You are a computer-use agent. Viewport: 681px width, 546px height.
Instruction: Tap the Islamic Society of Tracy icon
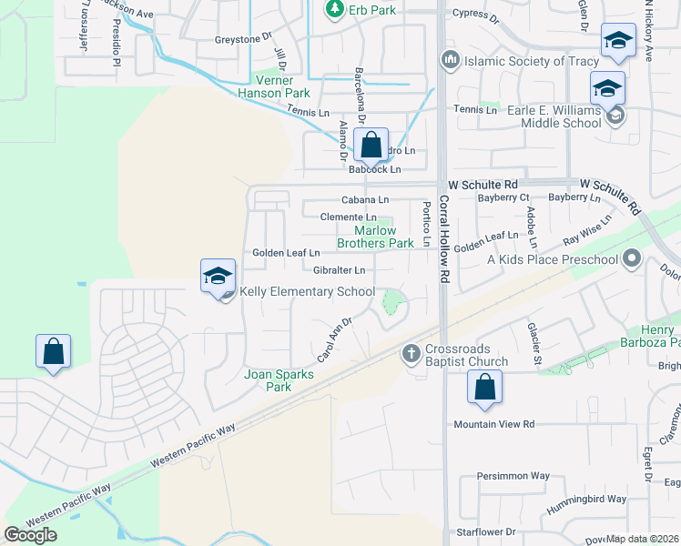449,61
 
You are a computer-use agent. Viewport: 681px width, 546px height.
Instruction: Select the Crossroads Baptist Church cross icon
411,352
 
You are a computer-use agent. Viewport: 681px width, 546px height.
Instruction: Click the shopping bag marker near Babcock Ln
371,145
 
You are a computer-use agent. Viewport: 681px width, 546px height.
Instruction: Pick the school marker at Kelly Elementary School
219,277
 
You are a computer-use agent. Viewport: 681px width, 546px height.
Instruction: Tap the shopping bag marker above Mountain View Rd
485,389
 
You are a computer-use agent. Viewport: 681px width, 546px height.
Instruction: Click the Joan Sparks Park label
280,380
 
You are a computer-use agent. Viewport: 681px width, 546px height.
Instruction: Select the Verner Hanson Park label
274,86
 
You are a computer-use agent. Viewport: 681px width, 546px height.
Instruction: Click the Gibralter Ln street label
339,270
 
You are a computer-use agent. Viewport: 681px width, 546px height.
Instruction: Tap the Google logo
31,534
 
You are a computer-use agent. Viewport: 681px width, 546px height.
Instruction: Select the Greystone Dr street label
243,39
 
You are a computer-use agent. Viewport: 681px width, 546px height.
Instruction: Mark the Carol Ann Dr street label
334,338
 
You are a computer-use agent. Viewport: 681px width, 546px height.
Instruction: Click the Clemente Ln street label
348,217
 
